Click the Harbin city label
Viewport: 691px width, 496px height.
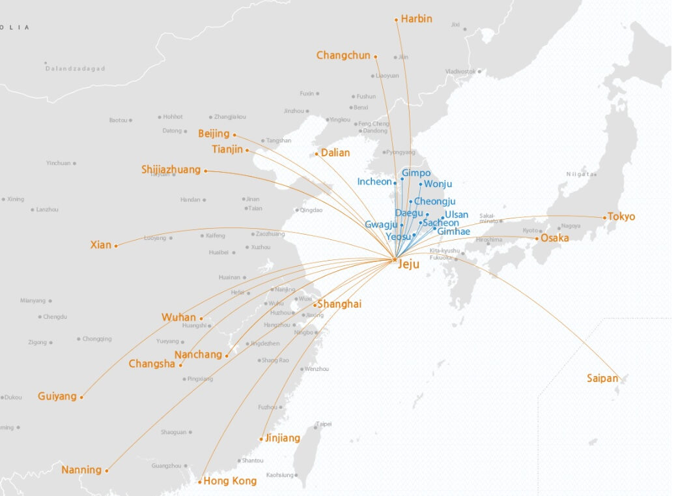click(416, 19)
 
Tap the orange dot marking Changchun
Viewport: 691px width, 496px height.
click(376, 56)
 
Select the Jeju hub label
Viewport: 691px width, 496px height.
click(408, 265)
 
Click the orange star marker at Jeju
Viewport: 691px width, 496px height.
click(395, 260)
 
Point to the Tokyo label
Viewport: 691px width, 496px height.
click(621, 217)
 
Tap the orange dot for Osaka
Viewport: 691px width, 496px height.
click(537, 239)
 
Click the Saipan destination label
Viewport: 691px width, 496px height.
click(602, 378)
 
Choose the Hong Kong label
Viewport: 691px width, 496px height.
click(230, 482)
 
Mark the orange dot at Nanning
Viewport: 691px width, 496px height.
click(107, 470)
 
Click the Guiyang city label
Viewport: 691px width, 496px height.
click(57, 396)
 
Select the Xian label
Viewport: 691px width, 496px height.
click(101, 245)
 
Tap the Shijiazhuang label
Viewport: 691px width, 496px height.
click(171, 170)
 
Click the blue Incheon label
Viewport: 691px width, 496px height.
click(374, 182)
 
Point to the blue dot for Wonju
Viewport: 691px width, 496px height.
click(421, 184)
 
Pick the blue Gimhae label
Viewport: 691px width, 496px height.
click(453, 231)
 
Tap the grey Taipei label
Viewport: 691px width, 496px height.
click(324, 424)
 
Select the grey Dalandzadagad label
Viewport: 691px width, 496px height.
click(76, 68)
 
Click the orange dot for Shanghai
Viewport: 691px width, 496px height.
click(315, 305)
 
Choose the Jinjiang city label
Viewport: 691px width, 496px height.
click(283, 438)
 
